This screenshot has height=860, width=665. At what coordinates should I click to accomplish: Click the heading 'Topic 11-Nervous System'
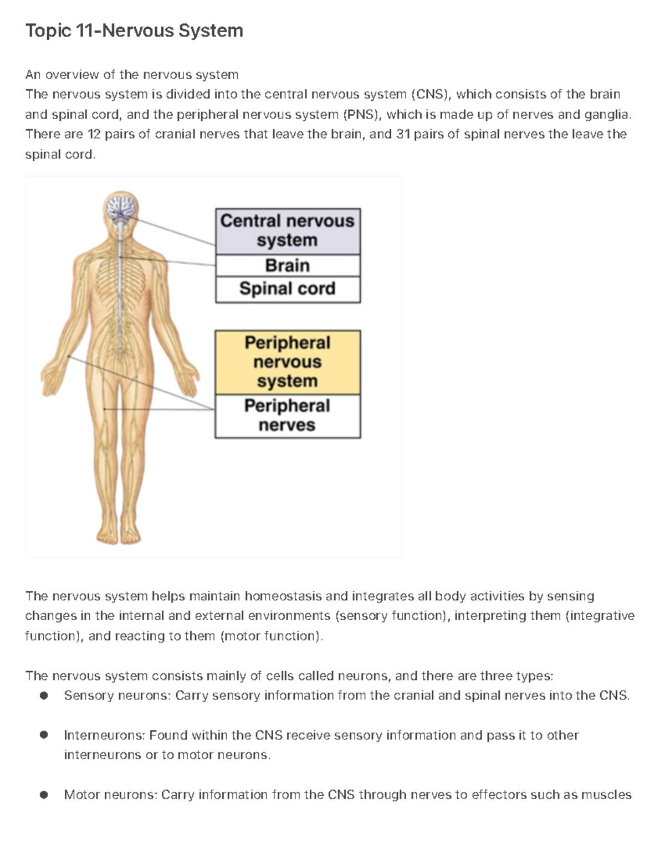pos(134,30)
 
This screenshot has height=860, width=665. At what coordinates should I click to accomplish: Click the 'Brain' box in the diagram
pos(287,265)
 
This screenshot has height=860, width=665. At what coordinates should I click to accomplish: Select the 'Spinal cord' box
pos(287,289)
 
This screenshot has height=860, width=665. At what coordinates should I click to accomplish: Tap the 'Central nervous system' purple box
pos(287,230)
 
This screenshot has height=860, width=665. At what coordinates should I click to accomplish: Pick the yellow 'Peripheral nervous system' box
pos(287,362)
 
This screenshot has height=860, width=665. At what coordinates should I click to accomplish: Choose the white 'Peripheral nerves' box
pos(287,415)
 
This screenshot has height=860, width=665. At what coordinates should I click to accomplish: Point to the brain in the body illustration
pos(121,208)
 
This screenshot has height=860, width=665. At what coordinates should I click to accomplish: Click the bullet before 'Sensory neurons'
pos(44,696)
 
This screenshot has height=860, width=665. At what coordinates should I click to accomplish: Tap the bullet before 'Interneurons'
pos(44,735)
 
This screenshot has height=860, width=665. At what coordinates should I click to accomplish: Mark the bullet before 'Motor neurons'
pos(44,795)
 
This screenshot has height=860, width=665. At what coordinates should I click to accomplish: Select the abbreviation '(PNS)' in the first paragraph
pos(362,115)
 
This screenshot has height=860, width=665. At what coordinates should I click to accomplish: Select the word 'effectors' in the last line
pos(499,795)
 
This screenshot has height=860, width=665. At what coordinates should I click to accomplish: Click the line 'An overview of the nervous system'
pos(132,74)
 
